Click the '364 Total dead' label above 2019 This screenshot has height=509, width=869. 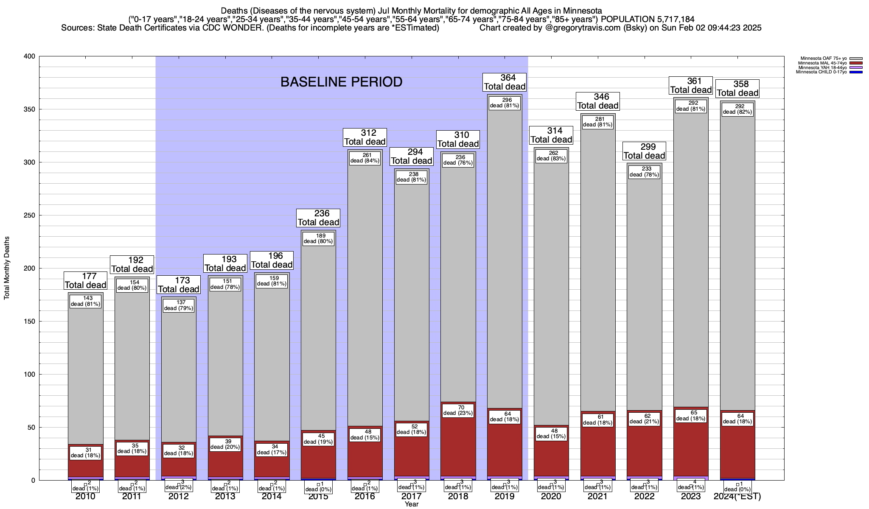coord(505,82)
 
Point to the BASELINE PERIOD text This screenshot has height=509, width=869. coord(341,82)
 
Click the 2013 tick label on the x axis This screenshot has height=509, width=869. coord(225,497)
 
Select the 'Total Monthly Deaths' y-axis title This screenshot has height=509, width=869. coord(7,268)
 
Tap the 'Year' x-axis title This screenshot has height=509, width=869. coord(411,504)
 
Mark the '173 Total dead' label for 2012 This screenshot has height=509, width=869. coord(178,285)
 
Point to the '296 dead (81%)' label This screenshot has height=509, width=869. coord(505,103)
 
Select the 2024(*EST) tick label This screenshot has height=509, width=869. coord(737,497)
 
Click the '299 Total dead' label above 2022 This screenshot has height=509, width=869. coord(644,151)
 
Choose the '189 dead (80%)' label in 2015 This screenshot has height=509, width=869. coord(318,239)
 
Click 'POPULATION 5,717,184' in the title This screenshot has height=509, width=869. coord(648,19)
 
